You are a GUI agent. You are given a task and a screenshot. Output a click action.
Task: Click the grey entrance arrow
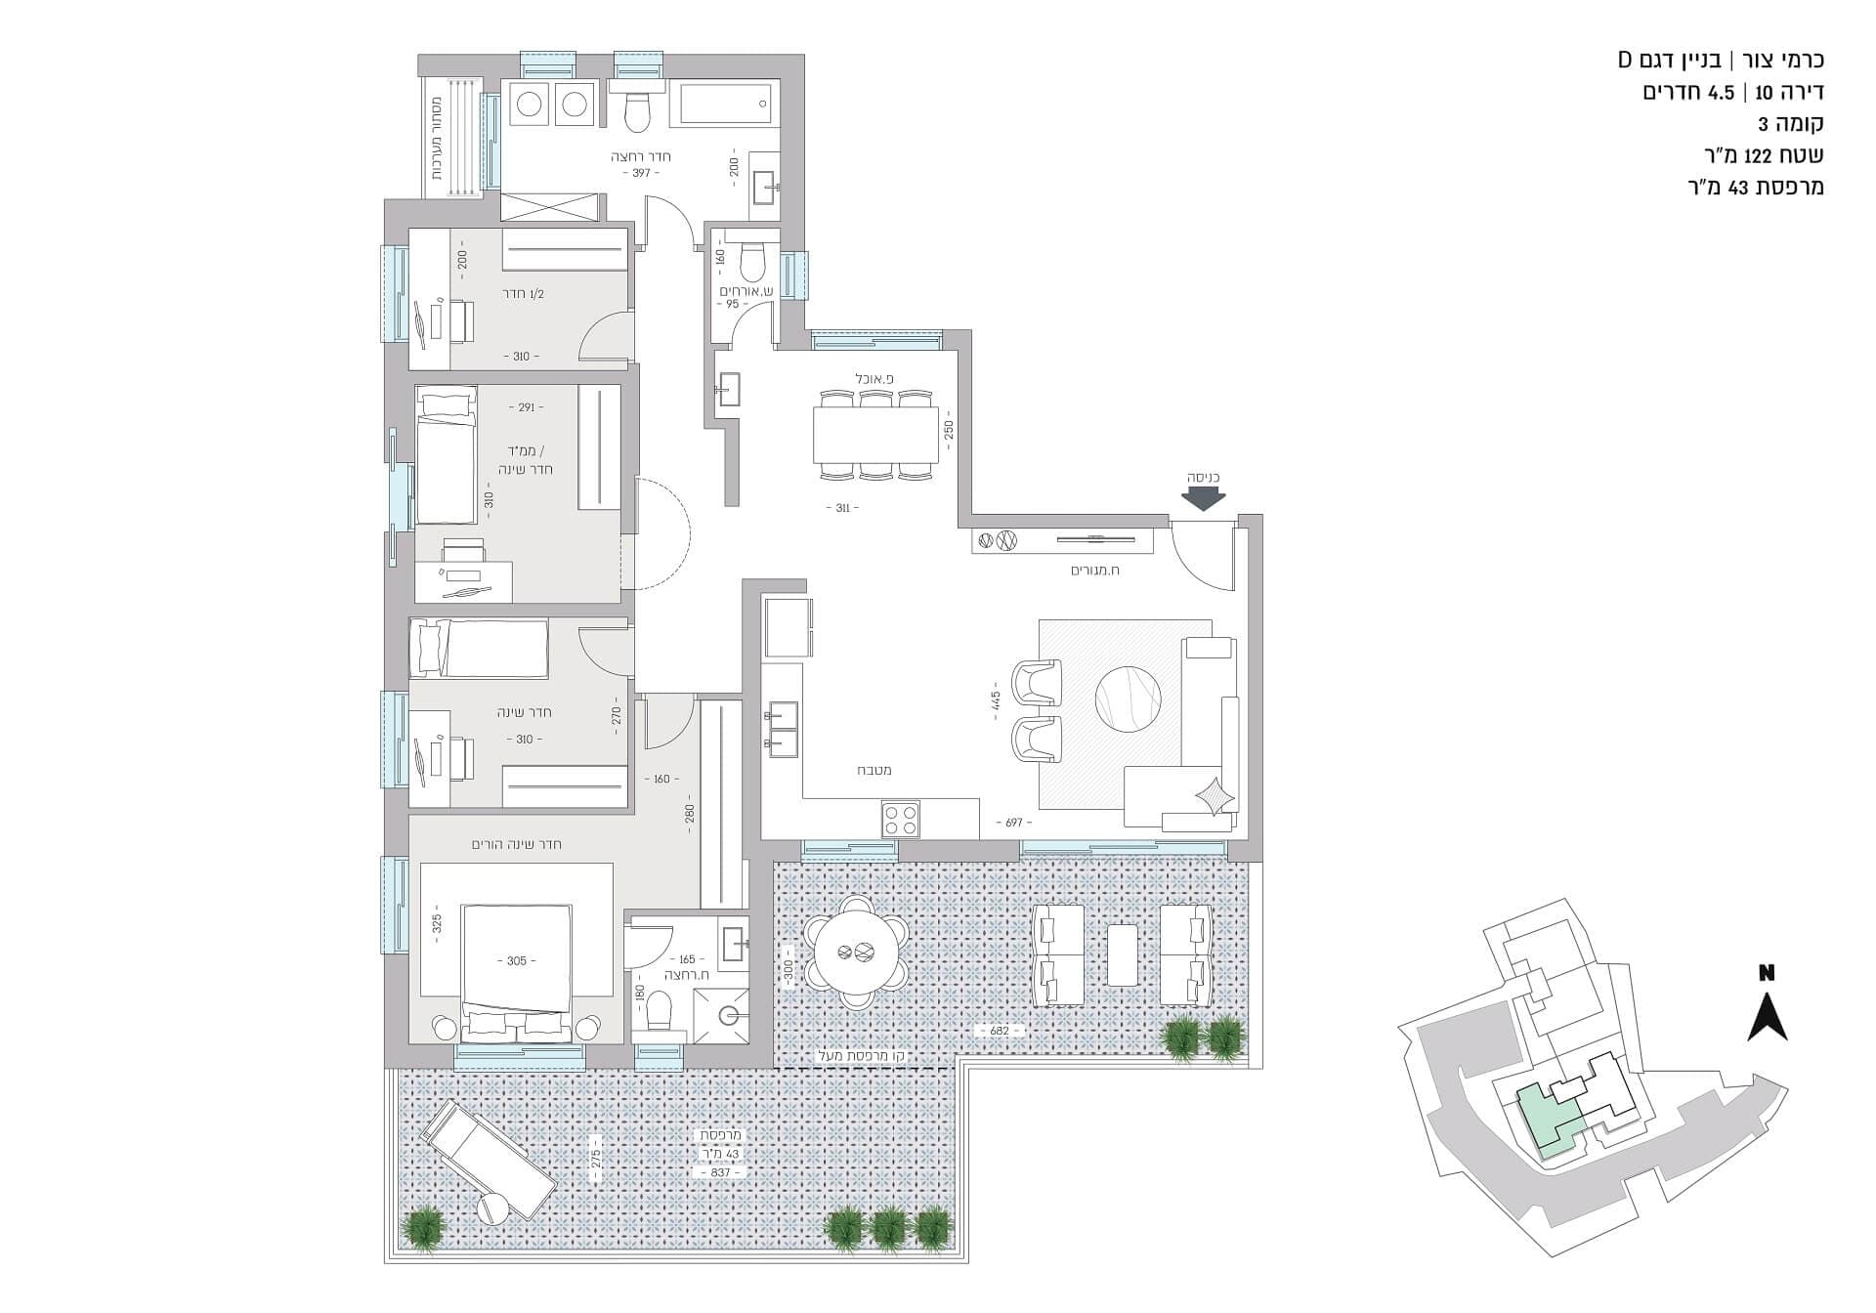[1203, 498]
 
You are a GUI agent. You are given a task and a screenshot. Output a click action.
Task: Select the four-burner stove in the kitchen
[900, 819]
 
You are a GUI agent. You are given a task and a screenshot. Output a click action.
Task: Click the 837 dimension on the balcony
[720, 1171]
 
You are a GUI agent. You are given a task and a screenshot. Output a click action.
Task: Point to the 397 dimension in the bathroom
[641, 173]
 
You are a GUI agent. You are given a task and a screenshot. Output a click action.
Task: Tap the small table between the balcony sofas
[1122, 954]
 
